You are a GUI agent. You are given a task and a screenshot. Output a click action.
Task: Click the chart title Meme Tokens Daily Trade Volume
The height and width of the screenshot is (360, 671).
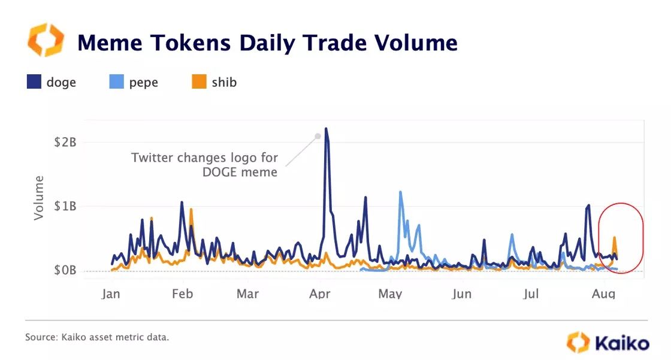click(x=267, y=43)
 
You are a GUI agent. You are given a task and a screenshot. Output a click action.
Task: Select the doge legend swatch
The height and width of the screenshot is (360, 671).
click(x=34, y=82)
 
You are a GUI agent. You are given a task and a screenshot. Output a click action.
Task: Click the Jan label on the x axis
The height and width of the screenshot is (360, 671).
click(x=111, y=294)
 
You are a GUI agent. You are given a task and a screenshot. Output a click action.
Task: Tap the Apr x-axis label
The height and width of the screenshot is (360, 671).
click(x=321, y=294)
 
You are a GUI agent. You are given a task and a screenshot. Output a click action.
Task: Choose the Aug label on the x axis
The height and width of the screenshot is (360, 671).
click(x=603, y=294)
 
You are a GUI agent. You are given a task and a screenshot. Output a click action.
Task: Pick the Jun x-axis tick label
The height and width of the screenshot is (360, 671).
click(x=461, y=294)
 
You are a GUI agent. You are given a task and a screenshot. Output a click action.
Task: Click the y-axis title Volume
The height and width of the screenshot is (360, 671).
click(x=40, y=198)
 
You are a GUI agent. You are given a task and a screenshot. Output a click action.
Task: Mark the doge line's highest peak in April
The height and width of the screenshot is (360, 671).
click(x=325, y=128)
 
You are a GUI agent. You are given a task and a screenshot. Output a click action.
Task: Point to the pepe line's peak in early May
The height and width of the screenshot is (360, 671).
click(x=400, y=192)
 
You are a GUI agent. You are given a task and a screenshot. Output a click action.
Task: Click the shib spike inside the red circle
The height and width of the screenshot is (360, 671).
click(x=614, y=238)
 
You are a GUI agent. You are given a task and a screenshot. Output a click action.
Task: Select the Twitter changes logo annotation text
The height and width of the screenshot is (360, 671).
click(x=205, y=165)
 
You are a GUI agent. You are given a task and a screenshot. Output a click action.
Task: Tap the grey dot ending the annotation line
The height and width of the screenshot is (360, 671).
click(x=318, y=137)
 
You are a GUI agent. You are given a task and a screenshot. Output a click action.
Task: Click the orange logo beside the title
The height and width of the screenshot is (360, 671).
click(x=46, y=41)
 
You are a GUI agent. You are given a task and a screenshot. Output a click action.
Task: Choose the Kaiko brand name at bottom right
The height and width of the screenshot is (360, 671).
click(x=621, y=343)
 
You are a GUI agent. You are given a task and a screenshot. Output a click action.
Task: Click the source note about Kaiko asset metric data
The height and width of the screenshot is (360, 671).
click(x=97, y=338)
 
